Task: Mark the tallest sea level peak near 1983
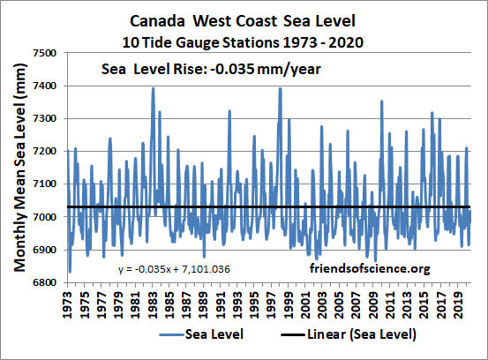point(153,87)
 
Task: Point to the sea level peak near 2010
point(381,101)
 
